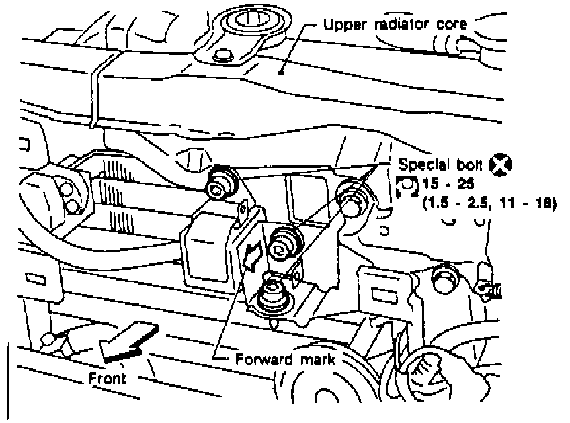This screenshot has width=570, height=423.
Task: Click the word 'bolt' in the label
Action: pos(470,163)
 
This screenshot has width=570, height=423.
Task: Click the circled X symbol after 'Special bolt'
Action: pos(500,163)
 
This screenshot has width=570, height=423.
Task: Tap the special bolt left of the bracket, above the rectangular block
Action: pos(220,183)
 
